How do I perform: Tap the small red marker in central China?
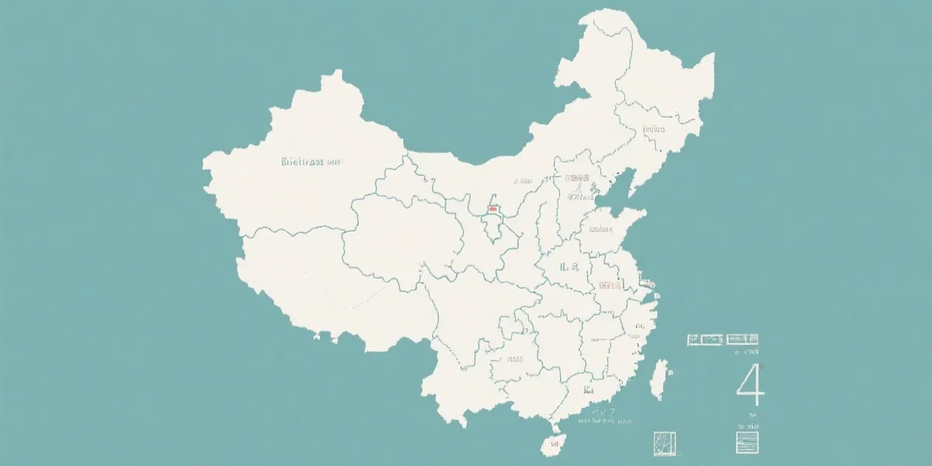(492, 209)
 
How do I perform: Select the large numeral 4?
(750, 387)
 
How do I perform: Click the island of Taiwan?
(660, 381)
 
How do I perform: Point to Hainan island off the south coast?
(552, 444)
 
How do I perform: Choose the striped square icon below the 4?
(746, 442)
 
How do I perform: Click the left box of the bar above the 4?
(705, 339)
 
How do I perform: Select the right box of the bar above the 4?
(742, 339)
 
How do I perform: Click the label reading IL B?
(569, 266)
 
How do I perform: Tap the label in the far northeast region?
(654, 129)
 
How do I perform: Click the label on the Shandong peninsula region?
(601, 230)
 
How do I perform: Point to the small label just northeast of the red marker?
(522, 181)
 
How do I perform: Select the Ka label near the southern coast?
(587, 389)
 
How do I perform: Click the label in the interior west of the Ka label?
(515, 360)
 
